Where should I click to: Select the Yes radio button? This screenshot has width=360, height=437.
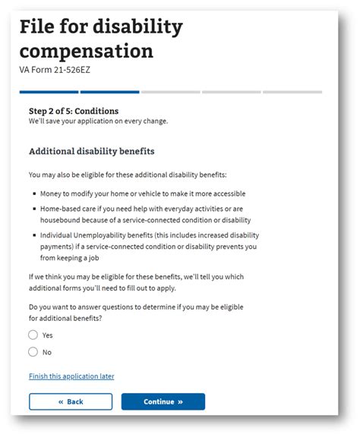click(33, 335)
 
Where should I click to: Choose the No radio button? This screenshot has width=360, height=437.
click(33, 351)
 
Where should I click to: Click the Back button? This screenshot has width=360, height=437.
click(71, 401)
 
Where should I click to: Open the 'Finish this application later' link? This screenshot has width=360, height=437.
click(71, 376)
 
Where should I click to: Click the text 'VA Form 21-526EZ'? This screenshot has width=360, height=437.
click(55, 69)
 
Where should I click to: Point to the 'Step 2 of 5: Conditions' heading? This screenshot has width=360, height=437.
click(73, 111)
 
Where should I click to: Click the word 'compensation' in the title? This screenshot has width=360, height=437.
click(86, 52)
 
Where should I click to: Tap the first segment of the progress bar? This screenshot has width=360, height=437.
click(49, 92)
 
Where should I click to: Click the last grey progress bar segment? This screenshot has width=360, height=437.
click(292, 92)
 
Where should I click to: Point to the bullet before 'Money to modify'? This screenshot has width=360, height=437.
click(34, 193)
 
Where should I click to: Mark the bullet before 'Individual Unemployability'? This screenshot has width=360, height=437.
click(34, 235)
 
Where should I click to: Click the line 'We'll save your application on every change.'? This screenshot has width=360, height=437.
click(98, 121)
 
